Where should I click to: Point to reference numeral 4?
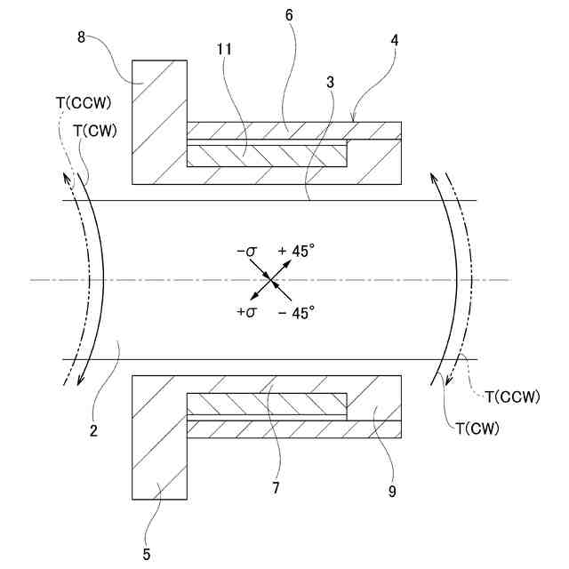393,41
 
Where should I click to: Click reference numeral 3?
330,82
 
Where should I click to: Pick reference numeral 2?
93,432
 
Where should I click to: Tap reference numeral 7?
276,487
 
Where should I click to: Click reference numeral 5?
146,554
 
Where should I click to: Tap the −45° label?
297,312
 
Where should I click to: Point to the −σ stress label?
247,252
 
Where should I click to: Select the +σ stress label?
246,312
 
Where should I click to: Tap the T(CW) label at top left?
92,130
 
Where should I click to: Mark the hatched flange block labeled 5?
158,440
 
